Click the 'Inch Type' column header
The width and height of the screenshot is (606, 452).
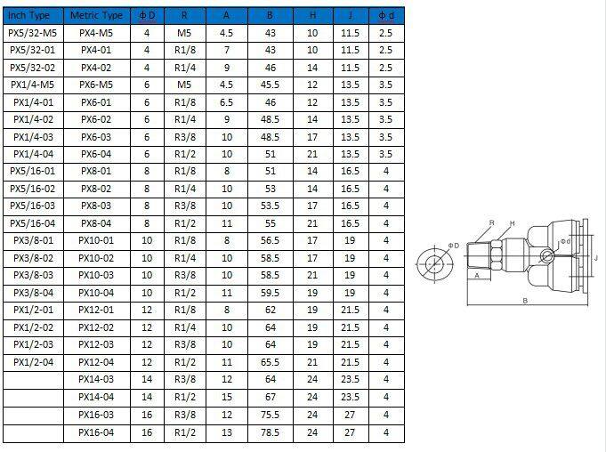coord(29,16)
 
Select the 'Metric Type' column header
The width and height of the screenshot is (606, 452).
coord(96,16)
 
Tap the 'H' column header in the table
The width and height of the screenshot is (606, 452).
coord(312,16)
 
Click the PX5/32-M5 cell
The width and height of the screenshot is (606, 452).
coord(32,33)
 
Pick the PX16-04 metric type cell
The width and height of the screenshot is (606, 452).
coord(96,432)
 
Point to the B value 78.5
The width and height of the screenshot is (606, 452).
coord(271,432)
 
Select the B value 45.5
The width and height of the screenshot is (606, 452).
coord(271,85)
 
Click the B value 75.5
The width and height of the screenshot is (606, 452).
coord(271,415)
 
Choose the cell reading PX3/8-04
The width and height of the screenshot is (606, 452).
coord(33,293)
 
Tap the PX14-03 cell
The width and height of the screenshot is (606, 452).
coord(96,379)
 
